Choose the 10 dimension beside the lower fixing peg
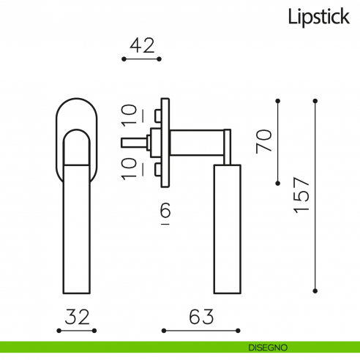tap(129, 168)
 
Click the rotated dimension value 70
tap(264, 140)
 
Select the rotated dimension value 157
tap(301, 195)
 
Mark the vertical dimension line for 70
tap(279, 140)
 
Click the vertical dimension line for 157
tap(315, 195)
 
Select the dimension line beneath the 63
tap(200, 331)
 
